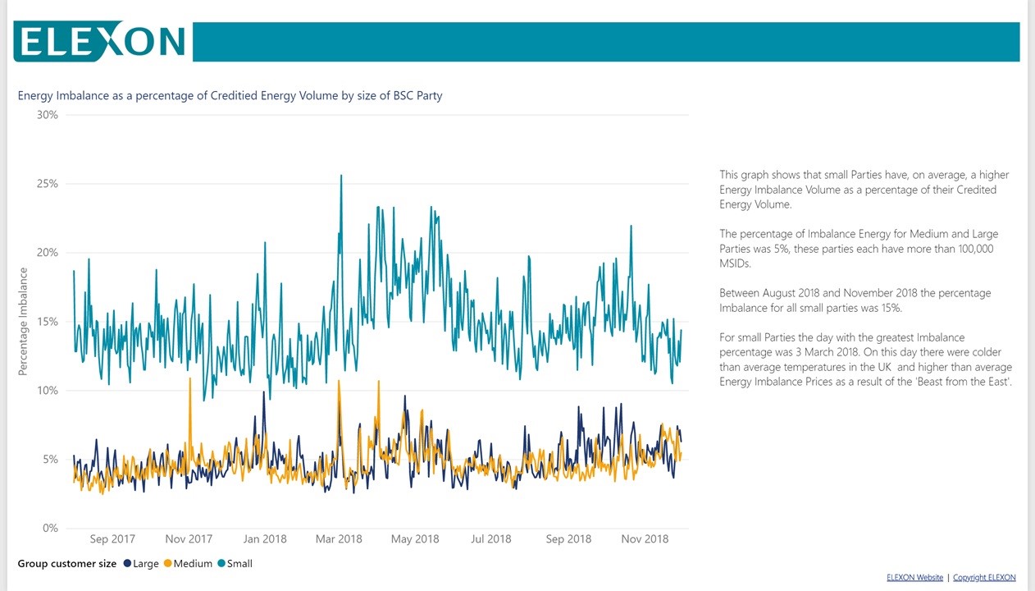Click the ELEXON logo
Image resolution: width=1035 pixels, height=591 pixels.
coord(100,41)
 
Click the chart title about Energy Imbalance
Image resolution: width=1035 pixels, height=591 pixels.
coord(230,96)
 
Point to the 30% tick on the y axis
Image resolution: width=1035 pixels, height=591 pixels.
coord(48,115)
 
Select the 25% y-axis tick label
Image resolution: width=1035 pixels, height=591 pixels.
coord(48,184)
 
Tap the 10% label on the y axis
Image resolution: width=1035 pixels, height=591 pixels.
coord(48,391)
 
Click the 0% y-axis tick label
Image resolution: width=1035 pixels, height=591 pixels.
coord(50,529)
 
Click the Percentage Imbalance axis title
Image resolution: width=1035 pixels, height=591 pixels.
coord(23,322)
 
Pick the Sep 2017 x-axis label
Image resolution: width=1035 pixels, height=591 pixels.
coord(112,539)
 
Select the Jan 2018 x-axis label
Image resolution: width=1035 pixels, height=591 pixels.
coord(264,539)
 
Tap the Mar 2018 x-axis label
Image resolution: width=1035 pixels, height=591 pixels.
coord(339,539)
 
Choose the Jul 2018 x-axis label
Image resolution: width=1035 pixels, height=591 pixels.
coord(490,539)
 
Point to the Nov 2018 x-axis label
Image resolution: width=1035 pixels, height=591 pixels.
coord(645,539)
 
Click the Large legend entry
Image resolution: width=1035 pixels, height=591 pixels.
coord(140,564)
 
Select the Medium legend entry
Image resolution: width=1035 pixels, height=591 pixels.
coord(188,564)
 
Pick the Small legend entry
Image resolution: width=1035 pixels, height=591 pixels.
coord(235,564)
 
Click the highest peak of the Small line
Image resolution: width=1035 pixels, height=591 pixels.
coord(341,176)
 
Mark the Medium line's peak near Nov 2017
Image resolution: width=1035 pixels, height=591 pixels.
coord(190,379)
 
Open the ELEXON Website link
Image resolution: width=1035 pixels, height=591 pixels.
coord(914,578)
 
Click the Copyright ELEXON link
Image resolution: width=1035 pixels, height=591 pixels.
coord(984,578)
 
